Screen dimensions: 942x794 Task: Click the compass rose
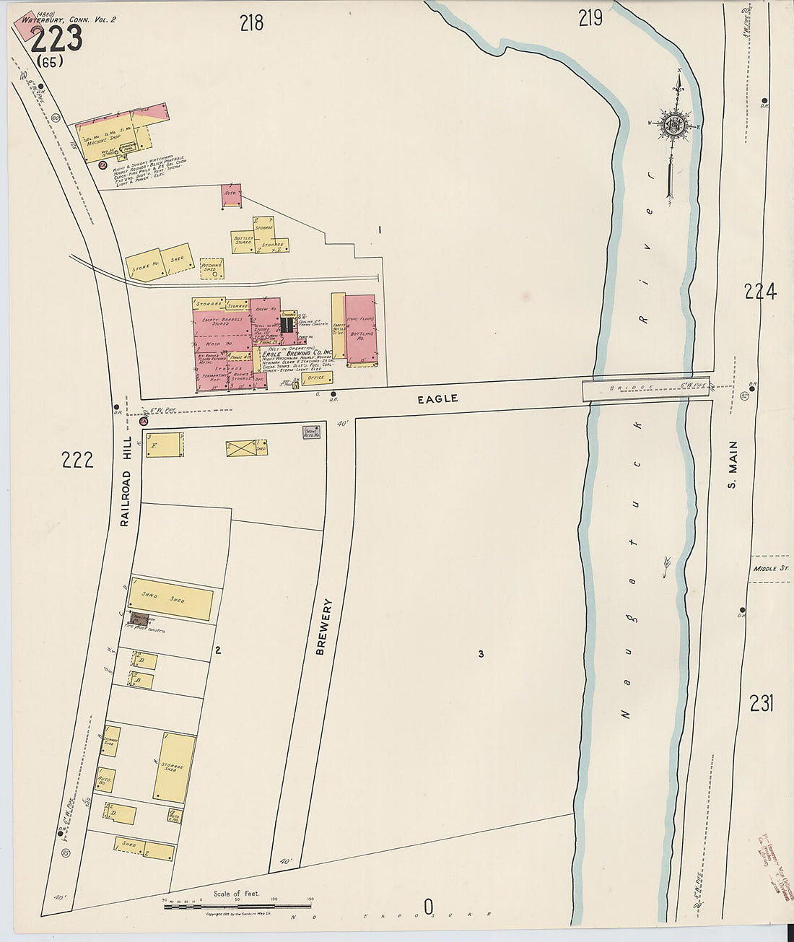[676, 124]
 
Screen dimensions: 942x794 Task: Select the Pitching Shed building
[211, 269]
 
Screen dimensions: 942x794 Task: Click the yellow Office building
[317, 378]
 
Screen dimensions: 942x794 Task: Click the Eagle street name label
[437, 398]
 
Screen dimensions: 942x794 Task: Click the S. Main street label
[732, 465]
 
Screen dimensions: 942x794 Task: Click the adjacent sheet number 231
[761, 702]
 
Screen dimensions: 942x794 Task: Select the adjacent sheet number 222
[77, 460]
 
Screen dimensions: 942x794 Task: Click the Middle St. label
[769, 569]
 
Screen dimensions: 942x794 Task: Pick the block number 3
[480, 654]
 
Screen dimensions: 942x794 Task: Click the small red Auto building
[231, 196]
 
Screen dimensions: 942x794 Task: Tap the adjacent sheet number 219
[590, 18]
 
